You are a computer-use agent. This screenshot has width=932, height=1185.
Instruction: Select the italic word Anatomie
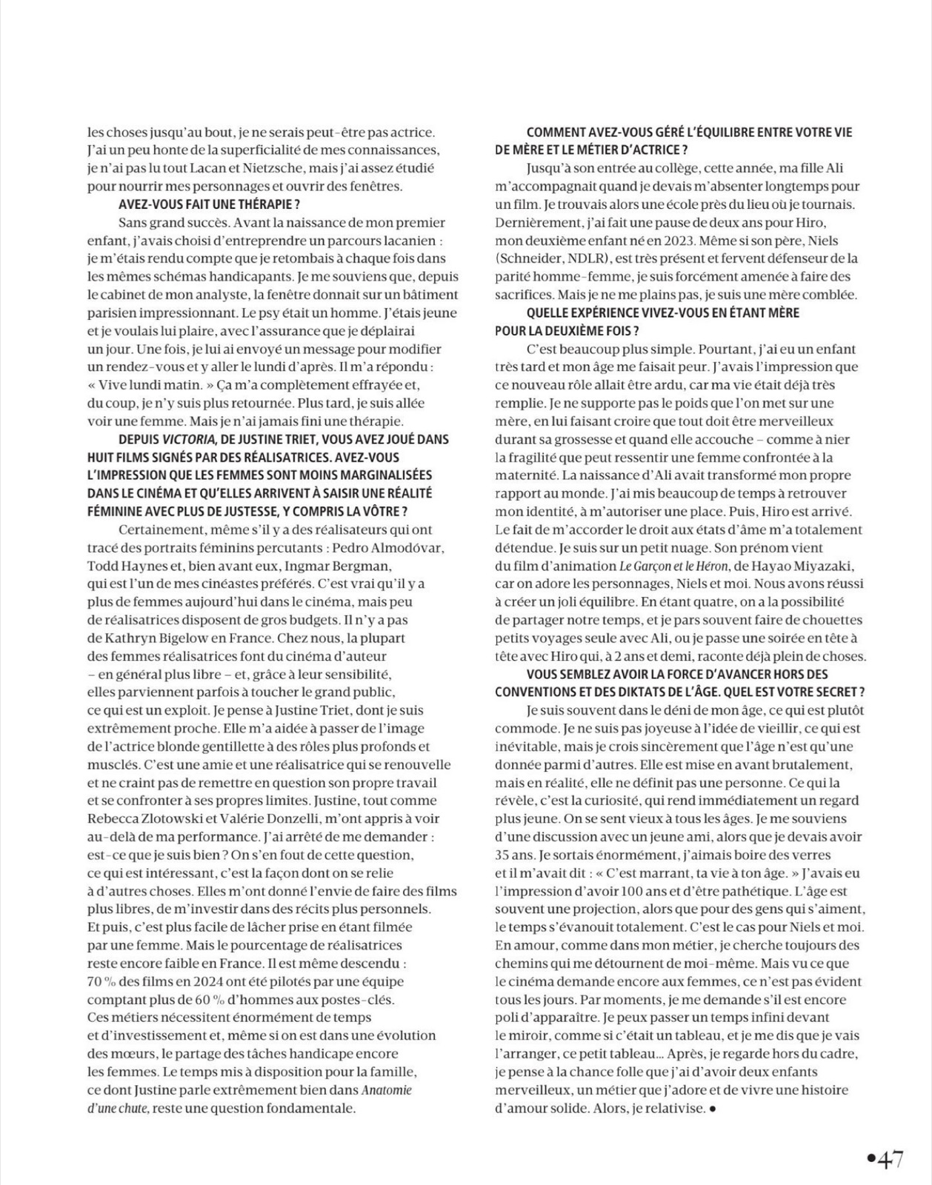tap(386, 1090)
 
